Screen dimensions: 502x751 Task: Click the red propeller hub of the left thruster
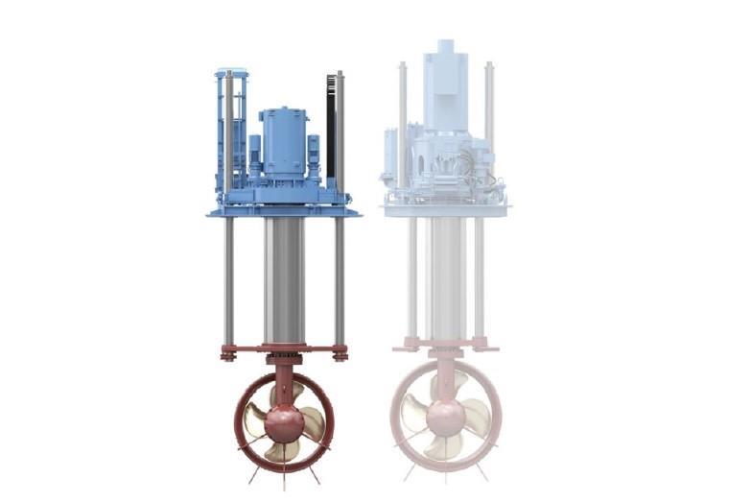(284, 419)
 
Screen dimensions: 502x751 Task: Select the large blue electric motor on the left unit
(283, 142)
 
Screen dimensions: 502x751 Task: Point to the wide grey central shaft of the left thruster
(284, 278)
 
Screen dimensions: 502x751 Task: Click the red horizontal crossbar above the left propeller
(284, 348)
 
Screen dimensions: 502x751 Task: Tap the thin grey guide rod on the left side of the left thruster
(229, 278)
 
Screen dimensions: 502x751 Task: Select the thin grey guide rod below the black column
(339, 278)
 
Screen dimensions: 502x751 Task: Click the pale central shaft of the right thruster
(445, 278)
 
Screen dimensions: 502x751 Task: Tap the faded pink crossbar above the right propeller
(445, 343)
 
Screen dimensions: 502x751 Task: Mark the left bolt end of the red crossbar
(228, 353)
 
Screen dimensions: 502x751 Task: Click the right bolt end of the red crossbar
(340, 353)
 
